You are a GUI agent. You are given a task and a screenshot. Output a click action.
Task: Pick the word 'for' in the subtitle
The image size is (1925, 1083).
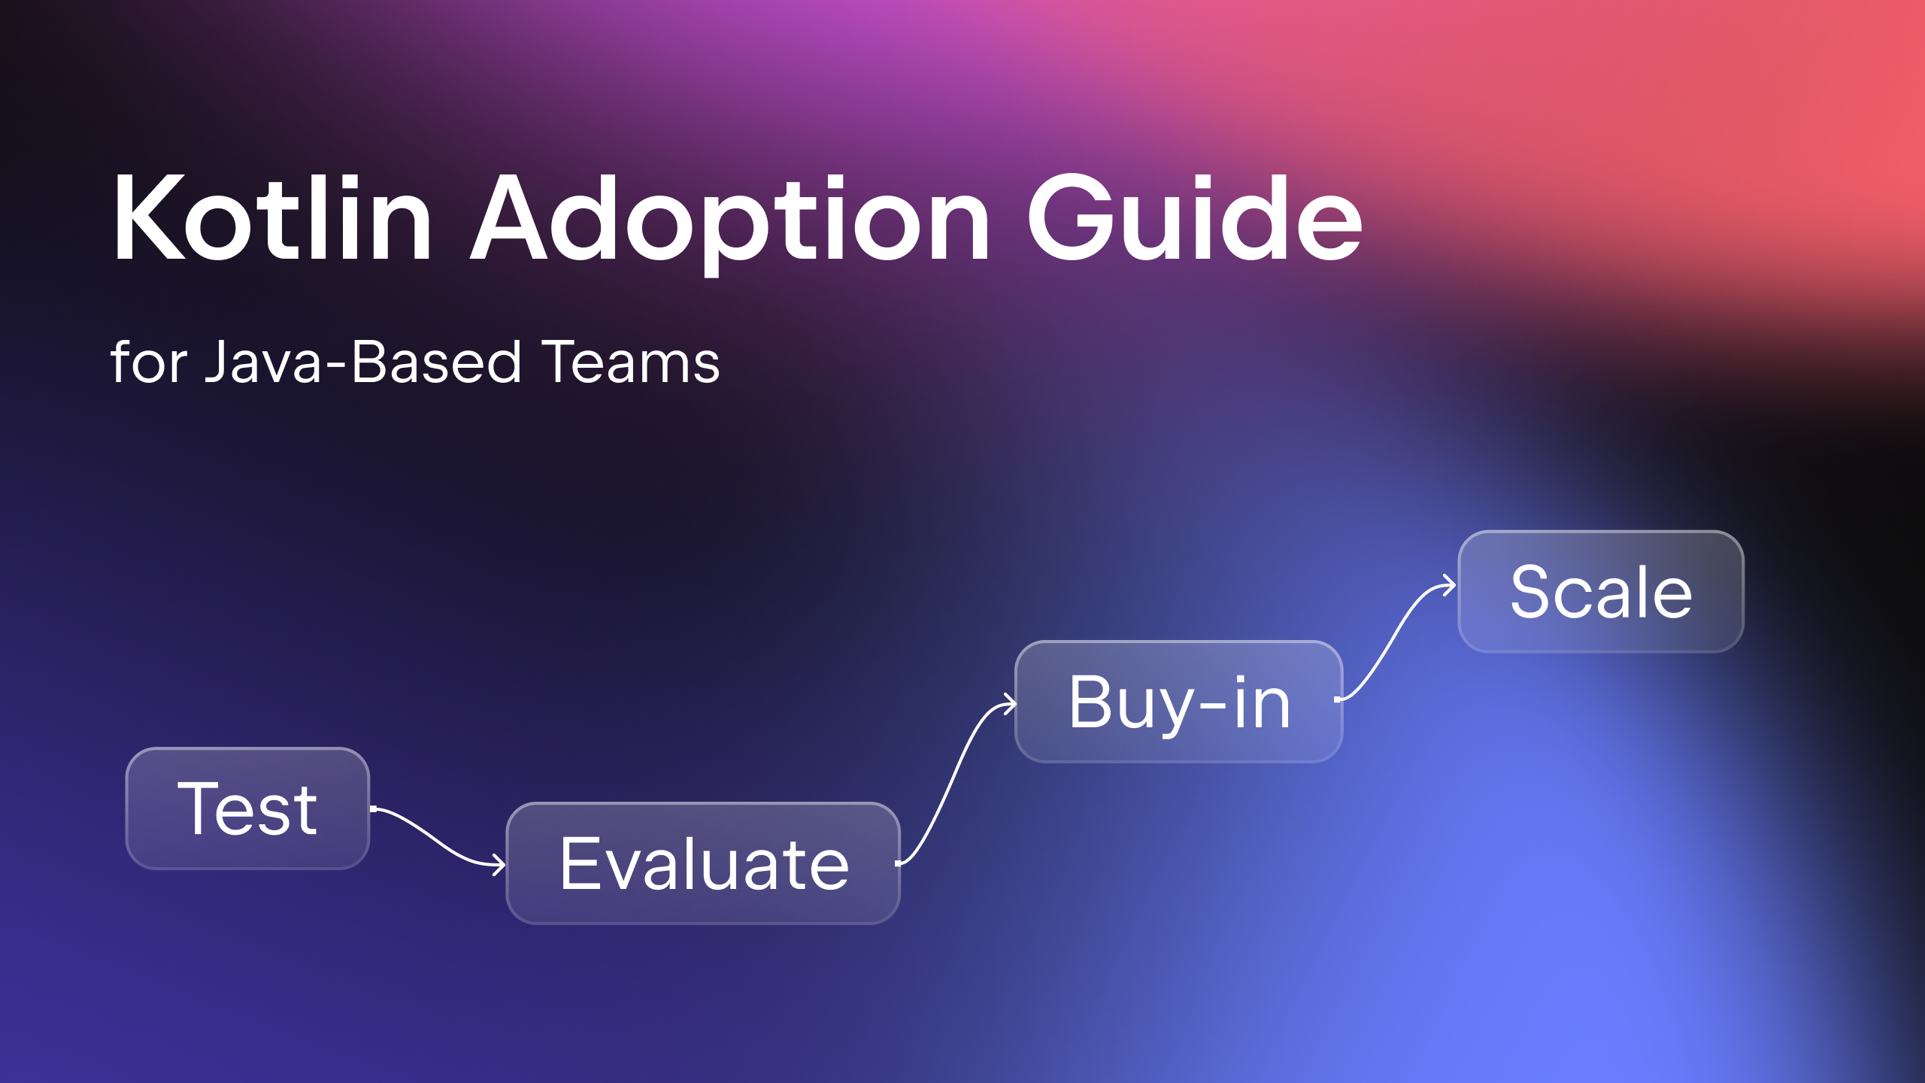149,363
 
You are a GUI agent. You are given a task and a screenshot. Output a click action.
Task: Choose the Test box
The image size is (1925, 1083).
247,808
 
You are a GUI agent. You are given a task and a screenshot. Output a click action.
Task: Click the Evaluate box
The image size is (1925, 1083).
703,863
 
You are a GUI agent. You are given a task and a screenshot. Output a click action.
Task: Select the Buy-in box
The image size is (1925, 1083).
1178,702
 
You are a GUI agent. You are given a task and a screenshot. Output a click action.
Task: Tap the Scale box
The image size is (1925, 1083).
1600,592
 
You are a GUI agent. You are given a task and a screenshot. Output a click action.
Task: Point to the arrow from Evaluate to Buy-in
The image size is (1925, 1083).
955,782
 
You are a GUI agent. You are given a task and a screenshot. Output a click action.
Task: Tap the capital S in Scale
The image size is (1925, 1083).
1532,592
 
